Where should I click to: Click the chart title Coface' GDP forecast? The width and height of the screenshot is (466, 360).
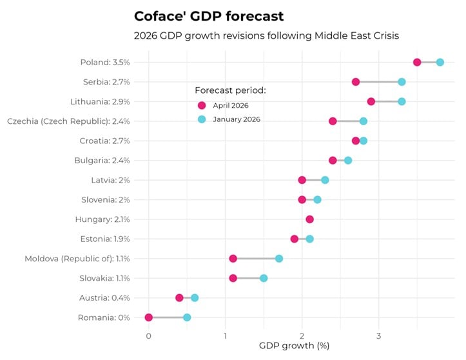point(208,15)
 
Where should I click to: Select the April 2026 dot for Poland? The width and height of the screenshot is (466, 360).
point(417,62)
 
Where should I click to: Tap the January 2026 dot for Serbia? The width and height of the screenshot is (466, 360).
point(402,82)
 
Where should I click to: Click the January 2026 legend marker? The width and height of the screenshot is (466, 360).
point(202,119)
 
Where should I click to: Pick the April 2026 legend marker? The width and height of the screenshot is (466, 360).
point(202,106)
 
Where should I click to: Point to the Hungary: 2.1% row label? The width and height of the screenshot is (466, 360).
point(102,219)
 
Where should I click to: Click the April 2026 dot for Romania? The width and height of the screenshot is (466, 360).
point(149,317)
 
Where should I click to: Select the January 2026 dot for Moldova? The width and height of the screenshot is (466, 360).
point(279,259)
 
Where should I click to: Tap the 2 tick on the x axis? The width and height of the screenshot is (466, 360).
point(302,335)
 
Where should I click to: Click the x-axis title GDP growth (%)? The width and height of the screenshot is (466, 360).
point(295,346)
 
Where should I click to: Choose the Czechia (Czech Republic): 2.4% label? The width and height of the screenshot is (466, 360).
point(68,121)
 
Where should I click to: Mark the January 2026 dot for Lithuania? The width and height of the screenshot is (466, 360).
point(402,101)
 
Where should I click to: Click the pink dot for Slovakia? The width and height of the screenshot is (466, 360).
point(233,278)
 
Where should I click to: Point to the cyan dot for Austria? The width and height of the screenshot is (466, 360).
point(195,297)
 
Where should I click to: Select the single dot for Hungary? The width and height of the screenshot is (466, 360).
point(309,219)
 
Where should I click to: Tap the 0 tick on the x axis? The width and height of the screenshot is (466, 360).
point(149,335)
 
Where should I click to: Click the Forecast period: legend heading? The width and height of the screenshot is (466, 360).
point(230,90)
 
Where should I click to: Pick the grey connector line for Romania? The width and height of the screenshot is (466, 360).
point(168,317)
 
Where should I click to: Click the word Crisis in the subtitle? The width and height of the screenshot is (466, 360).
point(383,35)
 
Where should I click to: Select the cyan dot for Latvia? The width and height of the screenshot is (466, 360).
point(325,180)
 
